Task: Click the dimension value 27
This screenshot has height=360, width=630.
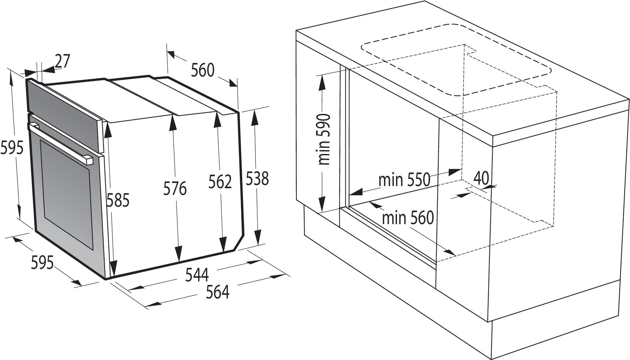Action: click(63, 61)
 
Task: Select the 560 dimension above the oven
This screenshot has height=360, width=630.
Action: click(202, 70)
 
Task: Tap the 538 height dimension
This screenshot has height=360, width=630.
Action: click(257, 179)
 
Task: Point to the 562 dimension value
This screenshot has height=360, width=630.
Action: click(220, 182)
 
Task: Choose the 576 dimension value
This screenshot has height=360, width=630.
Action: click(175, 189)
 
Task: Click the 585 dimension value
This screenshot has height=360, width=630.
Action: click(118, 201)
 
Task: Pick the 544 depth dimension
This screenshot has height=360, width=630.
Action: click(197, 275)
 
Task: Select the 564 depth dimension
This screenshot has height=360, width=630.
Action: click(218, 292)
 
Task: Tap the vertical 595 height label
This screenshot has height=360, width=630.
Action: click(11, 148)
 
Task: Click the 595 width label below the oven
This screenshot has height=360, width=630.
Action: click(42, 263)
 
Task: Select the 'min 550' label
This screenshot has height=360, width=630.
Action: click(404, 180)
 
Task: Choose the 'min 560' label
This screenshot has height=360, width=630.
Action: click(408, 218)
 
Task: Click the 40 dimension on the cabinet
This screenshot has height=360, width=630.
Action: click(481, 178)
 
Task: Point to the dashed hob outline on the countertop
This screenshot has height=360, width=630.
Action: click(455, 60)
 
